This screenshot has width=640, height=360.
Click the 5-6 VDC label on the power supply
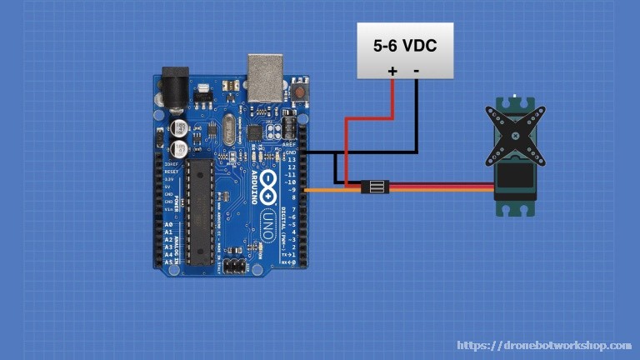[x=405, y=46]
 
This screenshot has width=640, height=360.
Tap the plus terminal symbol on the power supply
[x=392, y=72]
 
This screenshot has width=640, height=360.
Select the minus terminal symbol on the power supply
[x=416, y=71]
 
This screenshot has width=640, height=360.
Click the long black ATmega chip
[x=199, y=212]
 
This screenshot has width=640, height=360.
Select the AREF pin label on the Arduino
[x=290, y=145]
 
